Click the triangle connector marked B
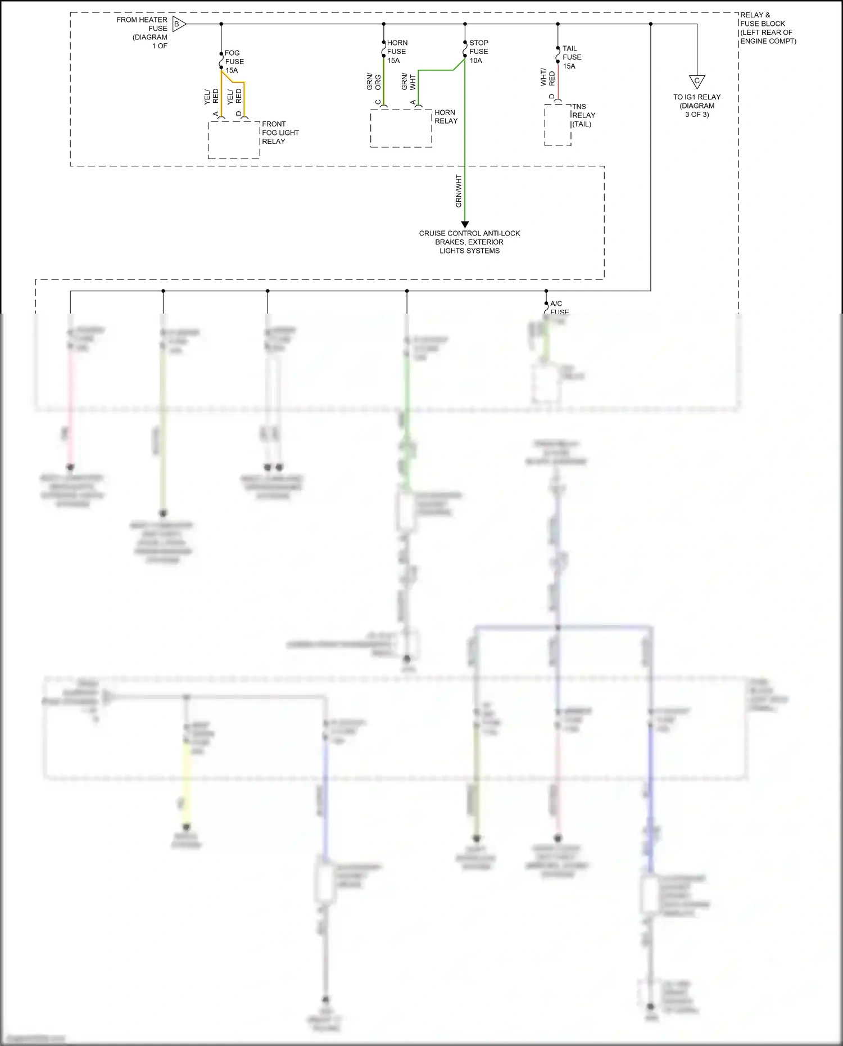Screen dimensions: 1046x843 [x=178, y=24]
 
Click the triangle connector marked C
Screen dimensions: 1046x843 [x=697, y=81]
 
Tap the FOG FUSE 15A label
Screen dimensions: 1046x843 [x=234, y=62]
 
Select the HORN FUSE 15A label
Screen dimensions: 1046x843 [x=397, y=52]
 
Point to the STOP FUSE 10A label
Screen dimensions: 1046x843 [x=479, y=52]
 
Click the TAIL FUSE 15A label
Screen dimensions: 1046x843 [x=572, y=57]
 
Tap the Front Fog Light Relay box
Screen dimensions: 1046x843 [x=234, y=140]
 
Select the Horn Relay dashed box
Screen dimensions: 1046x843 [x=401, y=129]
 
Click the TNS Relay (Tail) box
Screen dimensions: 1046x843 [x=558, y=125]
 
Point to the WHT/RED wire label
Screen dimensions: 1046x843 [x=547, y=78]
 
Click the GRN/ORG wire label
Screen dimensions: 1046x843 [x=374, y=81]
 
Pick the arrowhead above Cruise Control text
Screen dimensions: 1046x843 [x=465, y=224]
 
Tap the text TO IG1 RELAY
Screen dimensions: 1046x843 [x=697, y=97]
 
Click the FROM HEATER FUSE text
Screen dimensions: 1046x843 [x=142, y=24]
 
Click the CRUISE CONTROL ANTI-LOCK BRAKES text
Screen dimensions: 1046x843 [x=469, y=238]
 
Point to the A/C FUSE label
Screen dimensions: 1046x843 [x=558, y=307]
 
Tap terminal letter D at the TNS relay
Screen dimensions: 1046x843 [x=552, y=97]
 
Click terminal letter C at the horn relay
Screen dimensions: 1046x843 [x=378, y=102]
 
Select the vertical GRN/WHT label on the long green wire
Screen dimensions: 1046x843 [x=459, y=191]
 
